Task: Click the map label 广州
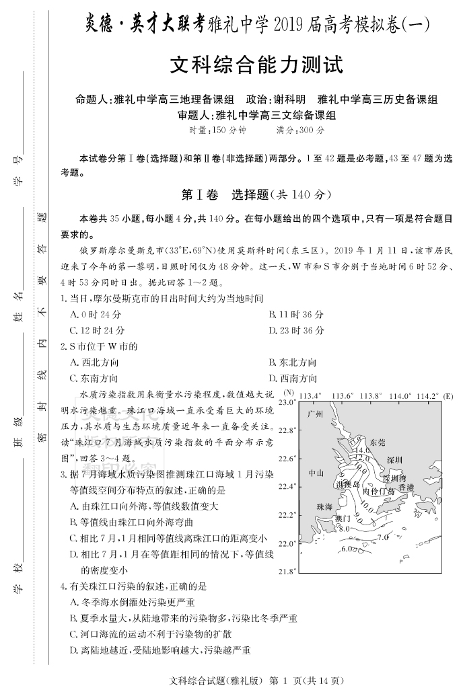click(x=315, y=413)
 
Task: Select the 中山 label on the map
click(x=316, y=473)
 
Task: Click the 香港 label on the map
click(x=406, y=486)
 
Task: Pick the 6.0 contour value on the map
click(x=347, y=549)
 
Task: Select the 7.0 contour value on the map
click(x=383, y=537)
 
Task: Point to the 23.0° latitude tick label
click(x=287, y=401)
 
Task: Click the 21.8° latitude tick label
click(x=287, y=572)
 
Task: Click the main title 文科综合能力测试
click(x=256, y=66)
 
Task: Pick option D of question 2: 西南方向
click(x=293, y=378)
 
